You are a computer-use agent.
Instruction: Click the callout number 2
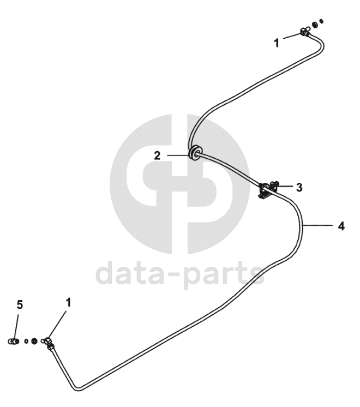click(x=157, y=155)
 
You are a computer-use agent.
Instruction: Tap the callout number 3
click(x=299, y=187)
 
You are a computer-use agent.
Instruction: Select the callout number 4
click(x=341, y=225)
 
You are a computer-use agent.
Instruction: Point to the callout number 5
click(x=20, y=304)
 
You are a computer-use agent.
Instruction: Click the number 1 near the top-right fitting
click(x=277, y=42)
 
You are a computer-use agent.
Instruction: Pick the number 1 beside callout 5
click(x=68, y=301)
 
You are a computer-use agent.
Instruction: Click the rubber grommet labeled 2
click(x=194, y=153)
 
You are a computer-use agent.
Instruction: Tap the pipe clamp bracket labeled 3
click(x=266, y=190)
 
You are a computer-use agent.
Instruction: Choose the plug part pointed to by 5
click(x=13, y=342)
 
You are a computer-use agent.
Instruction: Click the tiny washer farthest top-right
click(x=322, y=22)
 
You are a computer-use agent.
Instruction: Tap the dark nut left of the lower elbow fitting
click(x=34, y=342)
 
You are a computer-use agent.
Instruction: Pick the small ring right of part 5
click(x=26, y=342)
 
